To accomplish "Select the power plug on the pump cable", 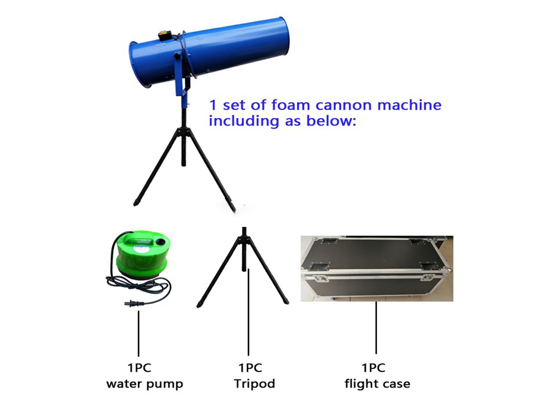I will pyautogui.click(x=132, y=303).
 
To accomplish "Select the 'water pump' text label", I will pyautogui.click(x=144, y=383).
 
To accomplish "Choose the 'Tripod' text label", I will pyautogui.click(x=254, y=383).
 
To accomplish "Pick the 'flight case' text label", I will pyautogui.click(x=377, y=383).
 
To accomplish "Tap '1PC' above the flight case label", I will pyautogui.click(x=374, y=368).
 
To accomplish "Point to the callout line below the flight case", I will pyautogui.click(x=376, y=327).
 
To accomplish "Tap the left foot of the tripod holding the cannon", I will pyautogui.click(x=137, y=203).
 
